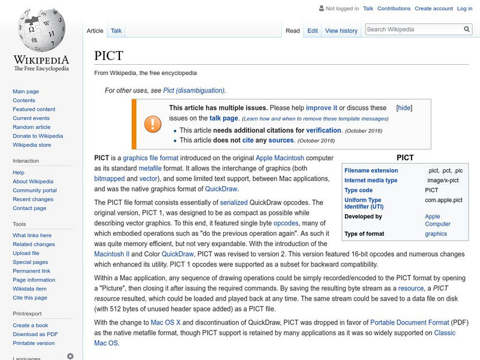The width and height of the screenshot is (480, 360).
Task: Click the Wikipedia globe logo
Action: pyautogui.click(x=41, y=30)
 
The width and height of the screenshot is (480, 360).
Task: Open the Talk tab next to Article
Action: pyautogui.click(x=116, y=31)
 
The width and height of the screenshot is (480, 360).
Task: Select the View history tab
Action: pyautogui.click(x=341, y=31)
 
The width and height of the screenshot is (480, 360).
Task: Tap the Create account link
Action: pyautogui.click(x=433, y=8)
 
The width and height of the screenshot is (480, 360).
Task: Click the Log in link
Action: pyautogui.click(x=464, y=8)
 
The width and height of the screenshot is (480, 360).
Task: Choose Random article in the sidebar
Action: pyautogui.click(x=32, y=127)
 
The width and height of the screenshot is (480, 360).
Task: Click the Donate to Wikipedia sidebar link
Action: pyautogui.click(x=37, y=136)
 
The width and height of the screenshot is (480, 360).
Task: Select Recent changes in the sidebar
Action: pyautogui.click(x=33, y=199)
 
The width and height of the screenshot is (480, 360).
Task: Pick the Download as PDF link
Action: pyautogui.click(x=35, y=334)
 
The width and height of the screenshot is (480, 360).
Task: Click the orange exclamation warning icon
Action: pyautogui.click(x=153, y=124)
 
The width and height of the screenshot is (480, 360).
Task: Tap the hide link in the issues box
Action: pyautogui.click(x=404, y=108)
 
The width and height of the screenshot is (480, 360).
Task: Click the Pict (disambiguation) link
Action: pyautogui.click(x=193, y=91)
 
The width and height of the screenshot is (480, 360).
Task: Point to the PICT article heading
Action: pyautogui.click(x=109, y=56)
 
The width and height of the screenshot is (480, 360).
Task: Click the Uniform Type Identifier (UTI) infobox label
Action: pyautogui.click(x=362, y=203)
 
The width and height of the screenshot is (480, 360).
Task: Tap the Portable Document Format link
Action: pyautogui.click(x=410, y=322)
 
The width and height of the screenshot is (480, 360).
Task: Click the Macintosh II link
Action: pyautogui.click(x=113, y=254)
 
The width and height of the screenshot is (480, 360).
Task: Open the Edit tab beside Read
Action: pyautogui.click(x=313, y=31)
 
